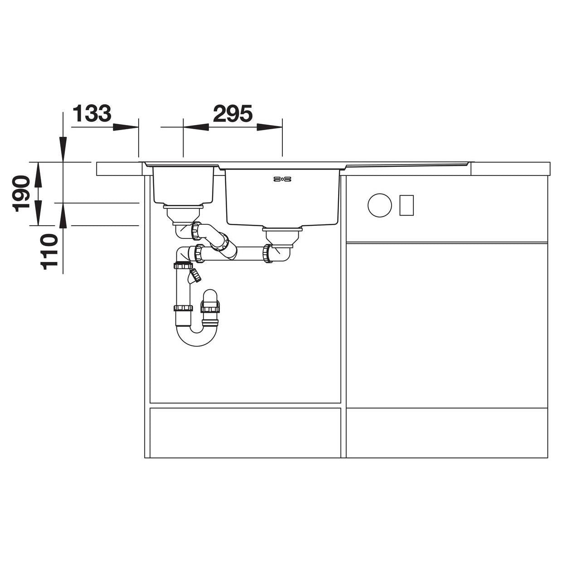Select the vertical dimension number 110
[48, 252]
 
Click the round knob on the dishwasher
[380, 205]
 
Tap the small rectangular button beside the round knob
[406, 205]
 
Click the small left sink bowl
[184, 184]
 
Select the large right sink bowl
[282, 197]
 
